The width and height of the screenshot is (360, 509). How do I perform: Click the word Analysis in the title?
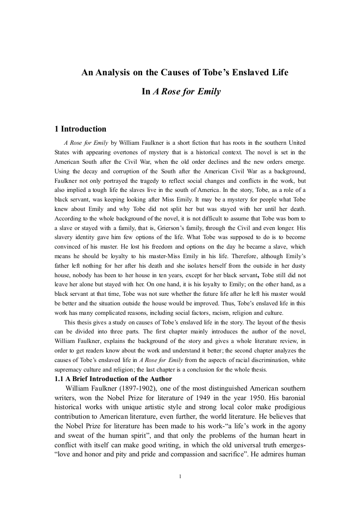pyautogui.click(x=113, y=72)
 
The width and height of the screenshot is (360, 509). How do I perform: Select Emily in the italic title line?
pyautogui.click(x=210, y=92)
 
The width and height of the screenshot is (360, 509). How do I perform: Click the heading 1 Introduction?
pyautogui.click(x=80, y=129)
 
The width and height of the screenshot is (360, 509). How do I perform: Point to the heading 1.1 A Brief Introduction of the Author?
pyautogui.click(x=113, y=379)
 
